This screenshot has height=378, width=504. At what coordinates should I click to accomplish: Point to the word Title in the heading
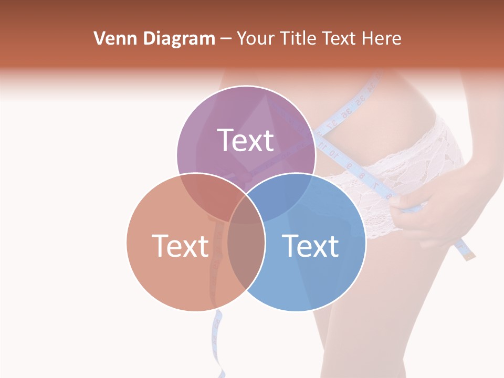tap(298, 38)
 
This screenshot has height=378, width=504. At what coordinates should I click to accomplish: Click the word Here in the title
tap(383, 38)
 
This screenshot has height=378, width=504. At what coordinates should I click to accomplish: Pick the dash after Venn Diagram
tap(226, 39)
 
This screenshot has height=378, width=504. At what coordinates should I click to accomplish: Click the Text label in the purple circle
tap(246, 140)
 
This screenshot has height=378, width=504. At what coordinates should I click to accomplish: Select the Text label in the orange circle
tap(180, 245)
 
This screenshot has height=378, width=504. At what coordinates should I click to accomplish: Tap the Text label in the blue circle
tap(310, 245)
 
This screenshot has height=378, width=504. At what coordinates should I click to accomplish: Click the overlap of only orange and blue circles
tap(246, 262)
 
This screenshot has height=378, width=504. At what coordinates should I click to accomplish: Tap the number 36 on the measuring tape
tap(345, 114)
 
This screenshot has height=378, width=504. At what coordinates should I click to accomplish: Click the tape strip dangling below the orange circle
tap(217, 336)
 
